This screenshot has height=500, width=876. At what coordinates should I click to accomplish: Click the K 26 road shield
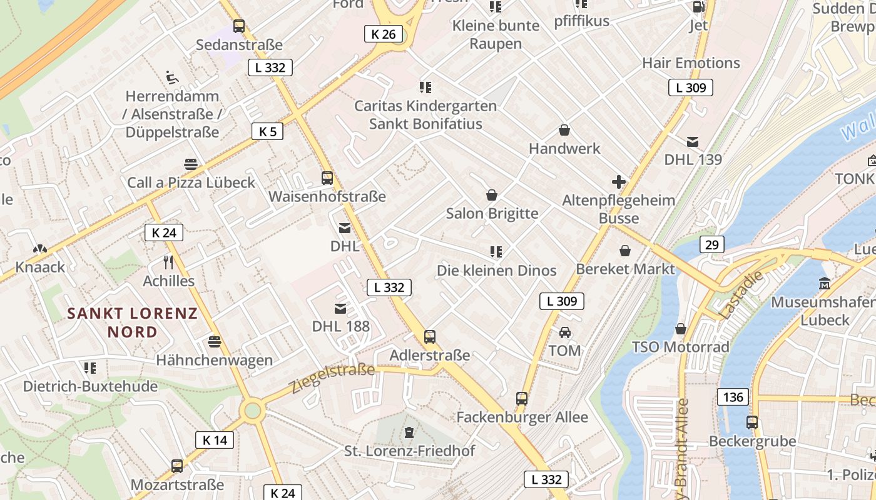[384, 34]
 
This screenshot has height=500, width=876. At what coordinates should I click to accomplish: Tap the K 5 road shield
[268, 131]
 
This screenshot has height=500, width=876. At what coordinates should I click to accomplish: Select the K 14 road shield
[215, 440]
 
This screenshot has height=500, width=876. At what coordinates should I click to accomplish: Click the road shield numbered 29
[712, 244]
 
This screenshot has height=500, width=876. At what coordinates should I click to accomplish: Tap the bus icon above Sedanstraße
[238, 26]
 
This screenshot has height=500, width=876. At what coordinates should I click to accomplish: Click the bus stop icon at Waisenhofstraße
[327, 178]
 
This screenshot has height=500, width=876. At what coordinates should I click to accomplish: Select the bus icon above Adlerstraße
[429, 337]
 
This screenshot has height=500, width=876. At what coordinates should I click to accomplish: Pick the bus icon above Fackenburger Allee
[521, 399]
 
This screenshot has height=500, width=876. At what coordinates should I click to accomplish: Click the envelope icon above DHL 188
[340, 308]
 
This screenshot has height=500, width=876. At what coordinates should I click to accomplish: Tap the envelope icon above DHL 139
[693, 142]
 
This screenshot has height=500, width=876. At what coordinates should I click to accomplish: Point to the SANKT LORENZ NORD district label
[132, 322]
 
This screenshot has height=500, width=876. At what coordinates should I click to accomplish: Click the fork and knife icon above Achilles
[168, 262]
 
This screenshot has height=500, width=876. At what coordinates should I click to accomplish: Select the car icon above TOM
[564, 332]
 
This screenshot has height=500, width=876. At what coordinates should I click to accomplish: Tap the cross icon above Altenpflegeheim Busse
[618, 182]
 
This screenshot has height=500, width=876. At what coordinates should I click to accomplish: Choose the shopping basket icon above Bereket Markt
[624, 251]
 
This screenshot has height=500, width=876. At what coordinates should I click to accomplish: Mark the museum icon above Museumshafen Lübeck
[825, 284]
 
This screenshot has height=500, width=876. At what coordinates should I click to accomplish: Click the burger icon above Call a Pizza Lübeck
[191, 164]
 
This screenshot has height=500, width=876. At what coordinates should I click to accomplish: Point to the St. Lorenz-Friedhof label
[410, 451]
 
